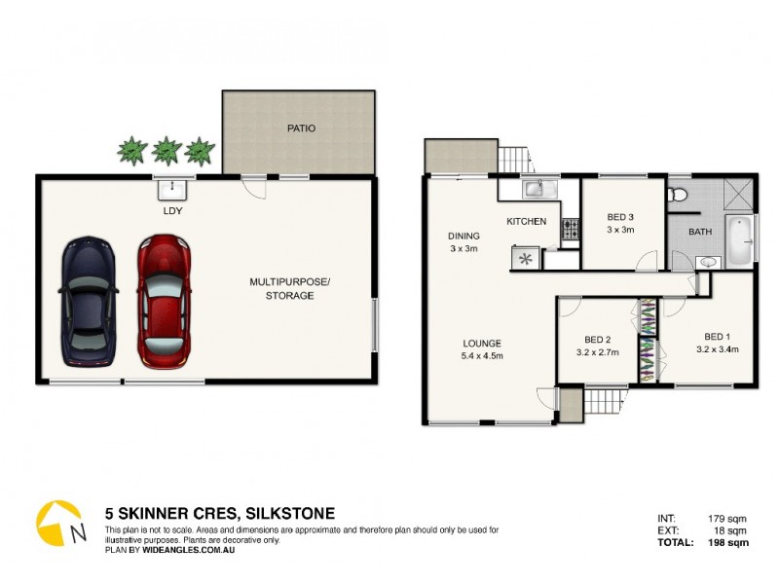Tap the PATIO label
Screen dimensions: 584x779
tap(300, 128)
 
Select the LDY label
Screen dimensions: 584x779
tap(172, 210)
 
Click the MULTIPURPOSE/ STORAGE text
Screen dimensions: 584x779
tap(289, 288)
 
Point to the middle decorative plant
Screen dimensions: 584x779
tap(167, 150)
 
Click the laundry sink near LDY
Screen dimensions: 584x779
tap(173, 186)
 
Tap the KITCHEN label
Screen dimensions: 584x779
tap(526, 222)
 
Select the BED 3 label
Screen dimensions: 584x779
tap(620, 217)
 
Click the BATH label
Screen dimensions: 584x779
tap(699, 233)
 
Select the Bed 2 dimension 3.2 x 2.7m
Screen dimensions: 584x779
tap(598, 352)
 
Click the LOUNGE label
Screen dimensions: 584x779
tap(482, 343)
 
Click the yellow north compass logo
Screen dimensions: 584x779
tap(56, 523)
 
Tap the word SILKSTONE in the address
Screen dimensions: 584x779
tap(290, 513)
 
